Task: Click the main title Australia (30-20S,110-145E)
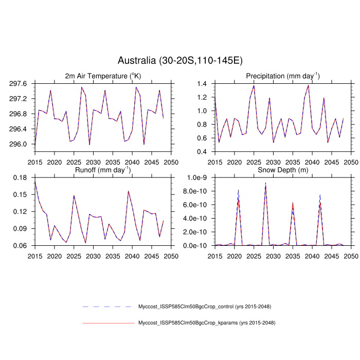180,61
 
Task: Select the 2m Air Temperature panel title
103,76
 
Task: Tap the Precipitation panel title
282,76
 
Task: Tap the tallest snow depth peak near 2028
265,184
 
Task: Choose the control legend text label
205,307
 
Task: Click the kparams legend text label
207,323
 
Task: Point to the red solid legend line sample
108,323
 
